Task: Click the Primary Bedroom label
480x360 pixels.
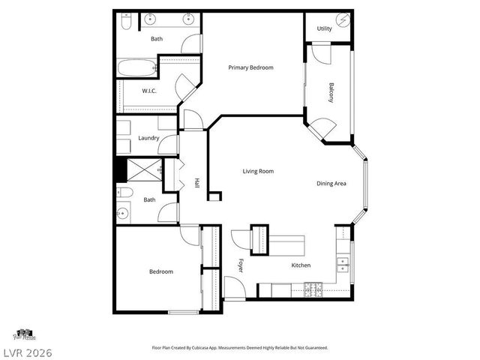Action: click(x=250, y=67)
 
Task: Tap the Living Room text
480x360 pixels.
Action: click(x=257, y=172)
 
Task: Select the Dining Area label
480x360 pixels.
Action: click(x=330, y=184)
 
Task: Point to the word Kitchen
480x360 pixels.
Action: click(x=301, y=265)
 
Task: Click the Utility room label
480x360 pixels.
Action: click(x=324, y=28)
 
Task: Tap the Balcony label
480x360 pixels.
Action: click(x=331, y=92)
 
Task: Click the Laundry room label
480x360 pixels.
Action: click(x=148, y=138)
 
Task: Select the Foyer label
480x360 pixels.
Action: click(x=241, y=265)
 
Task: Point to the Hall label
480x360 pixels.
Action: click(x=196, y=182)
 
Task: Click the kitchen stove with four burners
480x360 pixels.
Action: click(x=313, y=289)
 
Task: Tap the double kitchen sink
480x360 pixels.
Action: click(x=343, y=263)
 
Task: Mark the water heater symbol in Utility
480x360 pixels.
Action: click(x=343, y=20)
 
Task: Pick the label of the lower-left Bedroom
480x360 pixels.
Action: click(x=160, y=271)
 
